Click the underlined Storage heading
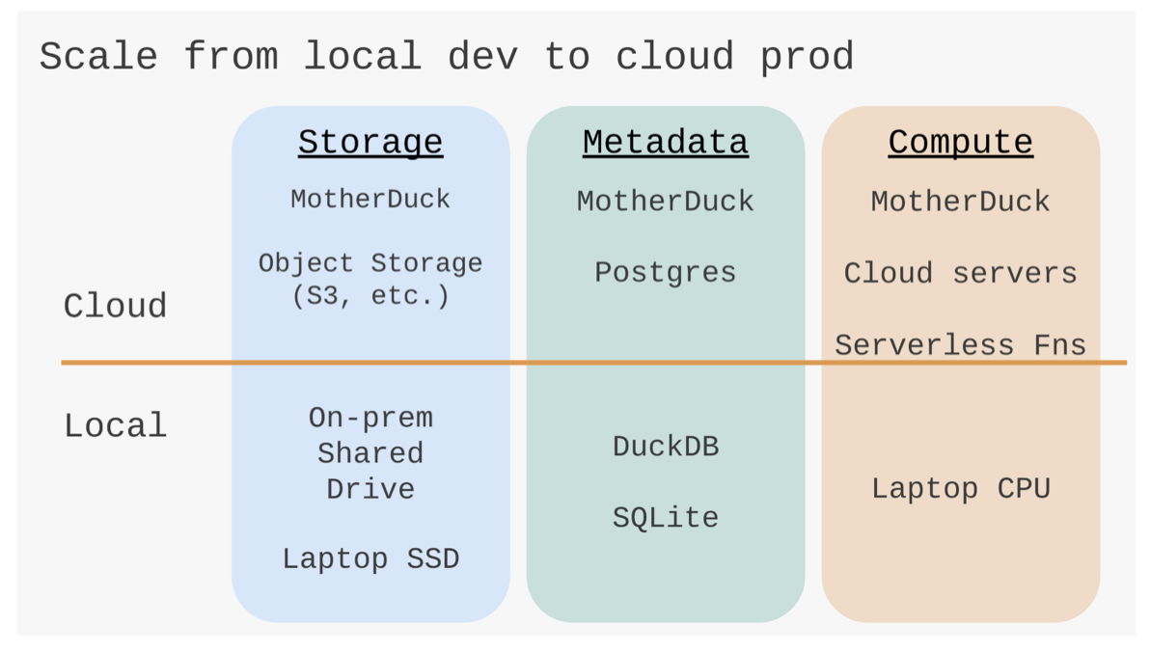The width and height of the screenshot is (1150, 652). click(x=370, y=143)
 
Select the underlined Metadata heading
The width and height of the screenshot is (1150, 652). click(x=666, y=143)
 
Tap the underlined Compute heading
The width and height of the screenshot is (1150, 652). click(x=960, y=143)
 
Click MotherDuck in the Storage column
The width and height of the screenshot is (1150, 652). click(x=370, y=199)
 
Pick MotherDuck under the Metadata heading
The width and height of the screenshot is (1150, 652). click(x=666, y=201)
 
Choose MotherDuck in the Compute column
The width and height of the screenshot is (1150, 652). click(x=960, y=201)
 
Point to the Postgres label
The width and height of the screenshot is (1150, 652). click(x=666, y=273)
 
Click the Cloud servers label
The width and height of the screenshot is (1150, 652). click(x=960, y=273)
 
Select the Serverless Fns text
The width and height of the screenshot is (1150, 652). click(x=960, y=344)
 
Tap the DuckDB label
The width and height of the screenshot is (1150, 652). click(x=666, y=446)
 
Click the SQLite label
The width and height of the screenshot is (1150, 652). click(x=666, y=517)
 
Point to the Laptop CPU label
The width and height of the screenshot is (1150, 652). click(x=961, y=488)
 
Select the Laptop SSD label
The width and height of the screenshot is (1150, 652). click(x=370, y=558)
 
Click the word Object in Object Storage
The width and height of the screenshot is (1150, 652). click(x=306, y=263)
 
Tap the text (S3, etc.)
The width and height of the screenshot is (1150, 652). click(x=370, y=295)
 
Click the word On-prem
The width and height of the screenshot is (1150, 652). click(x=370, y=418)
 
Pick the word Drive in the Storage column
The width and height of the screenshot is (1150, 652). click(x=370, y=488)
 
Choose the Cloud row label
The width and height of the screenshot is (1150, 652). click(x=115, y=306)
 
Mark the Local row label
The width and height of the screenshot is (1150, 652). click(x=115, y=425)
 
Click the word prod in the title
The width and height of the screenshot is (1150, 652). click(x=807, y=57)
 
